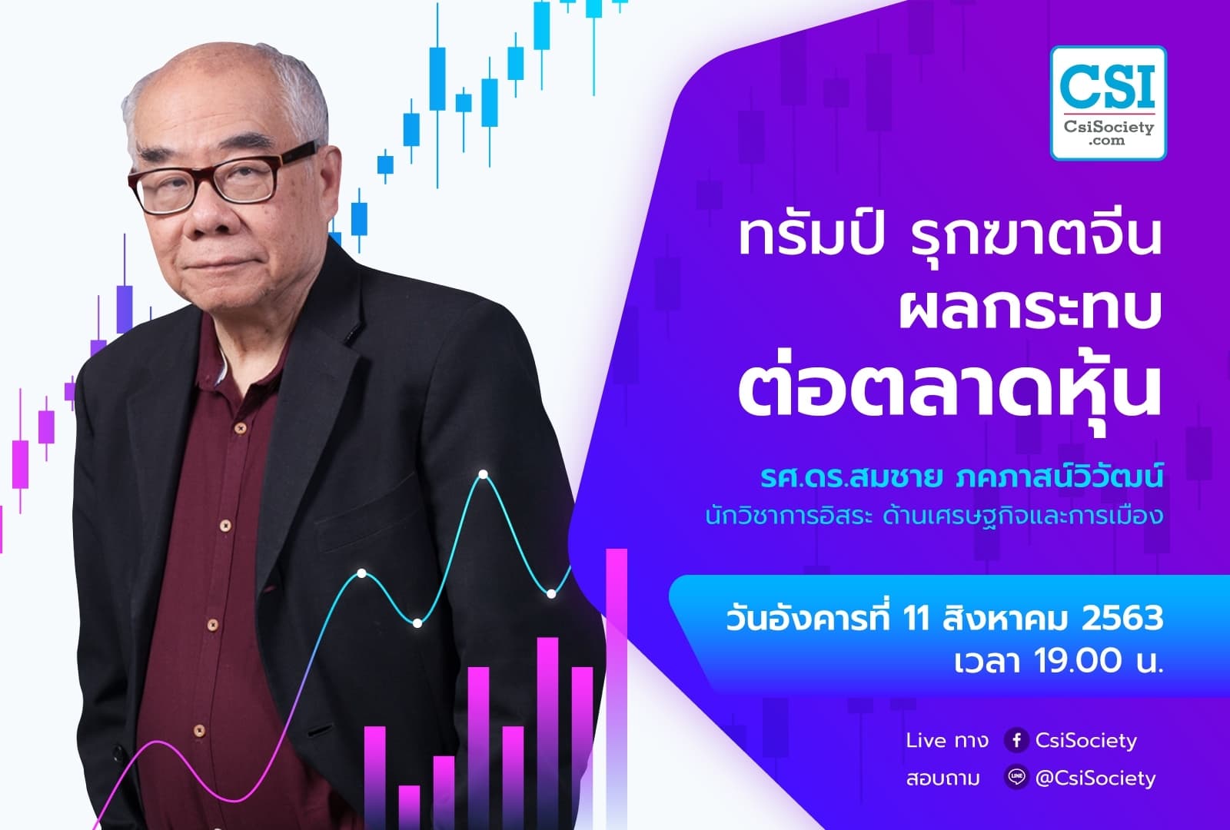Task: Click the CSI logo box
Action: tap(1108, 103)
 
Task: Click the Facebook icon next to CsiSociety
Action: tap(1017, 740)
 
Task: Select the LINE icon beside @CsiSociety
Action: tap(1016, 779)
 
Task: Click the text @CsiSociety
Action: tap(1095, 779)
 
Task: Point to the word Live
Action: tap(926, 741)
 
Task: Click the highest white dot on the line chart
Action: tap(484, 474)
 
